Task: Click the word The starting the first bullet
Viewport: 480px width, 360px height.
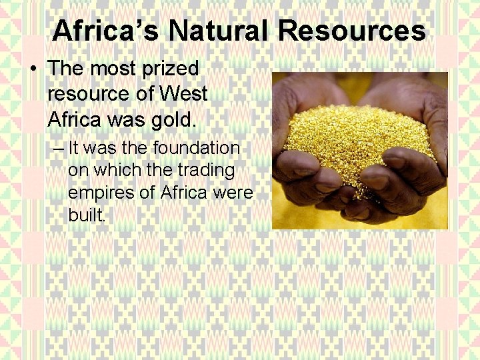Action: pos(69,69)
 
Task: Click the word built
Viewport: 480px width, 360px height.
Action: pos(86,216)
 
